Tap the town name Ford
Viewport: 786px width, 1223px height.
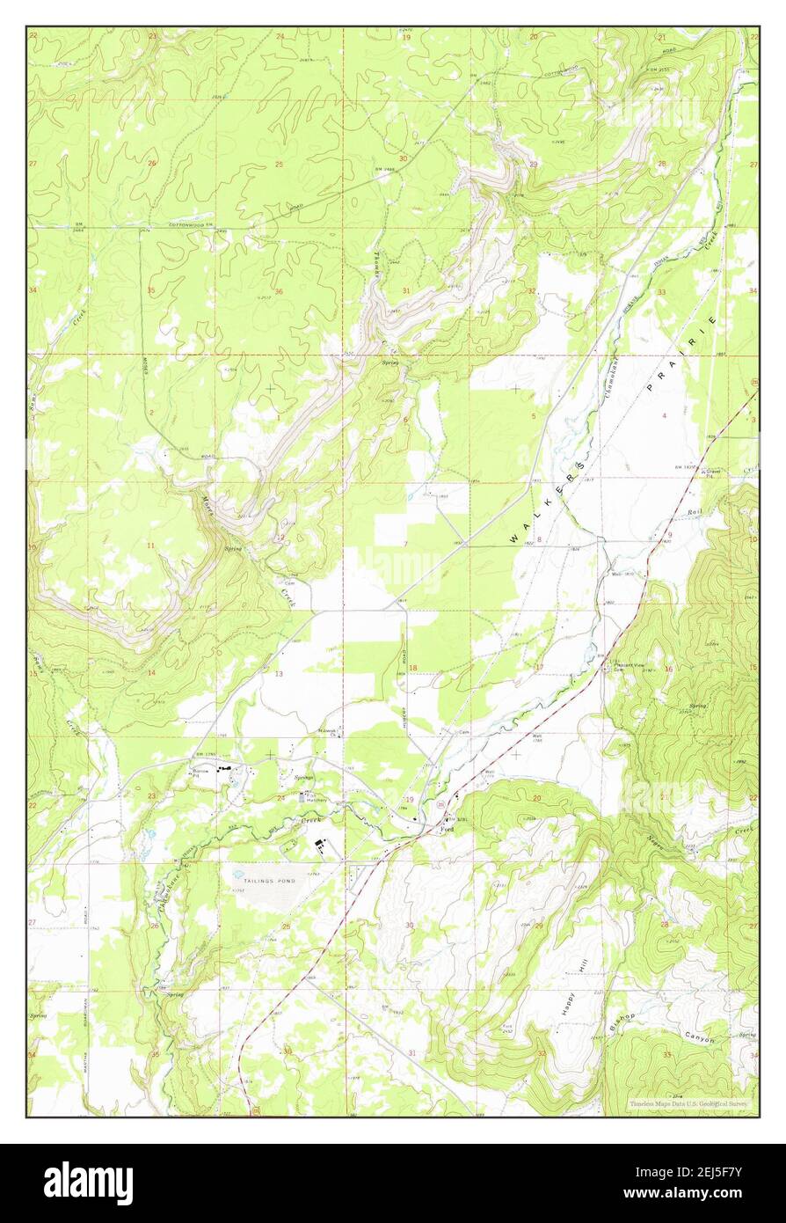pos(446,828)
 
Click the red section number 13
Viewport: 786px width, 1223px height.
pos(279,674)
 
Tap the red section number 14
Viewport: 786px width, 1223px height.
pos(151,673)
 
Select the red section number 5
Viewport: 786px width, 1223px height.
pos(533,416)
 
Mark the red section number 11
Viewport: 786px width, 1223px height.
pos(150,546)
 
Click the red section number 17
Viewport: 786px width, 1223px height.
pos(538,667)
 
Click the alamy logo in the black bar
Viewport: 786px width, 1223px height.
pos(88,1183)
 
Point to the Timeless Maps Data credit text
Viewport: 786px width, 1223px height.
pos(691,1103)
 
